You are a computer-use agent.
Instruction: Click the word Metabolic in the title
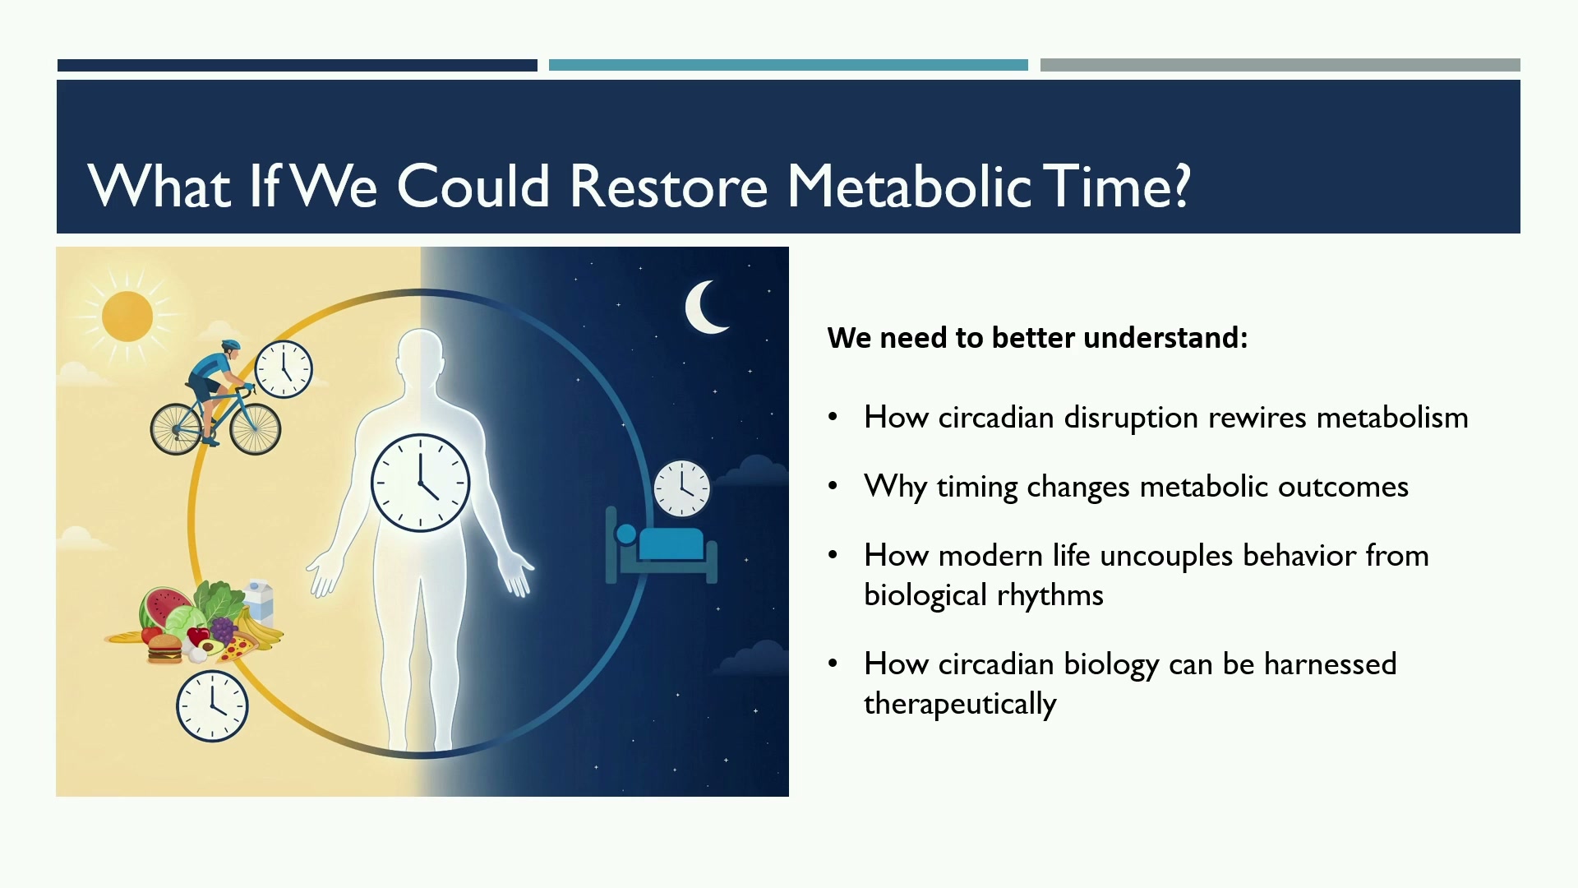point(908,185)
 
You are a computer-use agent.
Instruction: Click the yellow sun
point(127,317)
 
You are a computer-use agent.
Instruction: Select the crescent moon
point(705,308)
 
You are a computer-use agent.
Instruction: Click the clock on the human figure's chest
point(420,483)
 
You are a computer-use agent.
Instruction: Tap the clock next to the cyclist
point(284,369)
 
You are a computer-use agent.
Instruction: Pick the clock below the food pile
point(212,706)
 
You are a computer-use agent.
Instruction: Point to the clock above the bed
point(681,488)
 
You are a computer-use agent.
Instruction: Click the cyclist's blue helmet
point(231,346)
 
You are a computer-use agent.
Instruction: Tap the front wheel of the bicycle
point(256,428)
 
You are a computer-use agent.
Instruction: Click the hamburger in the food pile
point(164,648)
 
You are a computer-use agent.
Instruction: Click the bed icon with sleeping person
point(662,545)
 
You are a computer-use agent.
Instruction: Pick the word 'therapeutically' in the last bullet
point(960,705)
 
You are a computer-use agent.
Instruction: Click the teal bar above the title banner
point(788,65)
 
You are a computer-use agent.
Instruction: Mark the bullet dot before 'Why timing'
point(833,486)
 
